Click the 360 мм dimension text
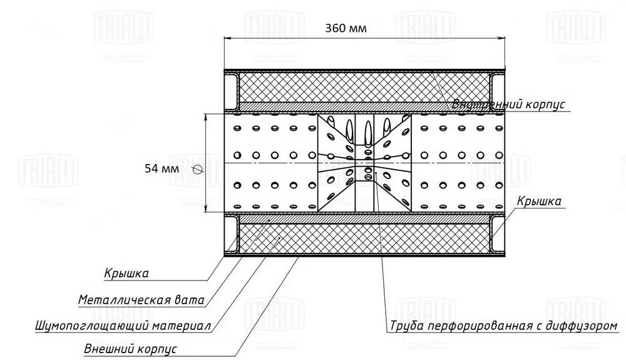click(346, 28)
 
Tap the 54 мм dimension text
click(162, 168)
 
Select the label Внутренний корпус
click(509, 105)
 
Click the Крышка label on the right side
click(538, 201)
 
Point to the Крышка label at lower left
click(126, 273)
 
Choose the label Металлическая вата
click(141, 300)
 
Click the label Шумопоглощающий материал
click(123, 326)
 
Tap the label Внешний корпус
click(130, 348)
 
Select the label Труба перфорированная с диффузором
click(503, 326)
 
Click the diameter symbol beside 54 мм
click(197, 168)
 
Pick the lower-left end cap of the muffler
click(231, 235)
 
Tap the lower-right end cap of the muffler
click(498, 235)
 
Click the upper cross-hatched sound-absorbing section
click(363, 88)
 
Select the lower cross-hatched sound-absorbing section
click(363, 239)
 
